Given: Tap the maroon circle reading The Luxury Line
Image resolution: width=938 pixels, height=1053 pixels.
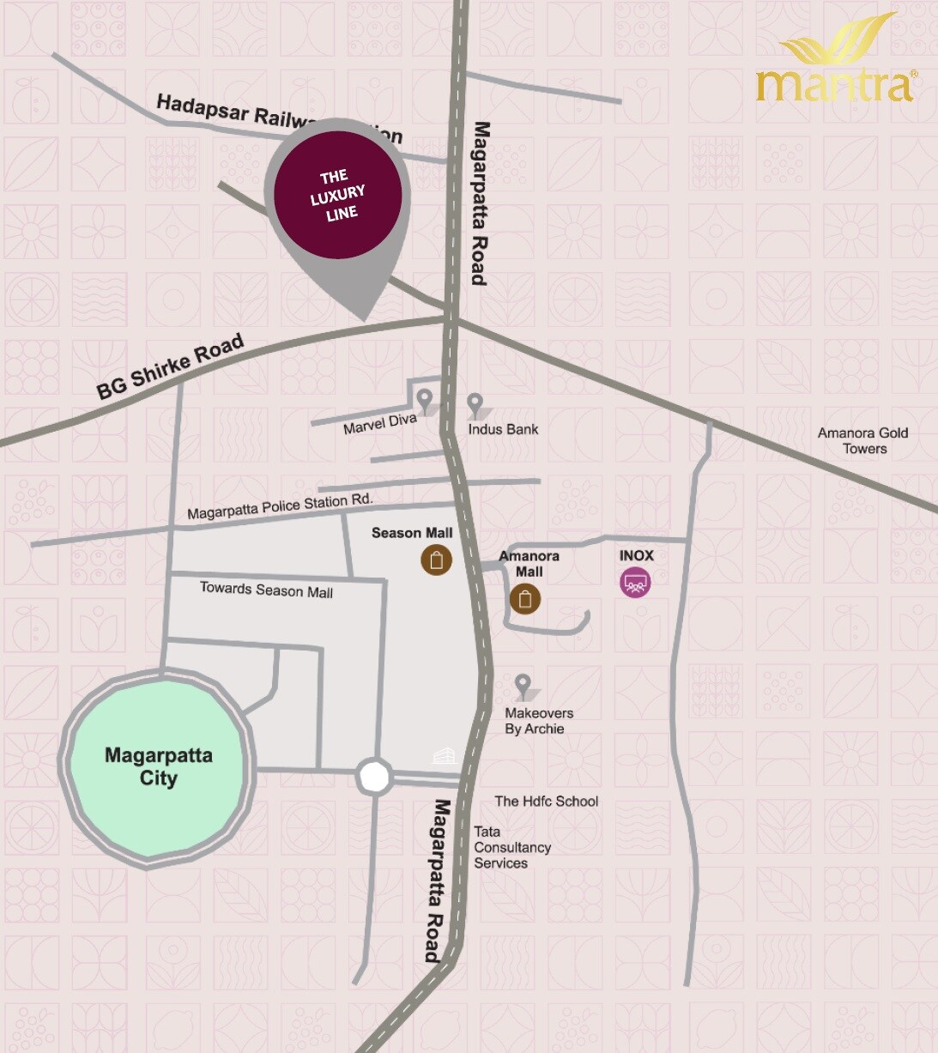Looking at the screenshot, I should click(x=338, y=195).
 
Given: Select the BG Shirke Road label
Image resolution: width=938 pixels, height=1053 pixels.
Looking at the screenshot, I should click(x=170, y=366).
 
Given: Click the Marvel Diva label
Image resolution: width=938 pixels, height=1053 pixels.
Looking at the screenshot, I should click(x=379, y=423).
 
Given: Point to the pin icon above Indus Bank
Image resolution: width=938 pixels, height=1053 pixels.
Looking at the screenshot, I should click(x=475, y=403).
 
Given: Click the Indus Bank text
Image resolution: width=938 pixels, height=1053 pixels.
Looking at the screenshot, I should click(x=503, y=429).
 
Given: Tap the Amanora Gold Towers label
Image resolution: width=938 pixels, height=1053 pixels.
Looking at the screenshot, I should click(x=862, y=440).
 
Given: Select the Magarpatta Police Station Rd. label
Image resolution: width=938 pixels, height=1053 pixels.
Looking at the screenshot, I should click(x=280, y=506).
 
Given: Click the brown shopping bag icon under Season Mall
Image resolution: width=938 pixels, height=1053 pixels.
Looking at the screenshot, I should click(x=436, y=560).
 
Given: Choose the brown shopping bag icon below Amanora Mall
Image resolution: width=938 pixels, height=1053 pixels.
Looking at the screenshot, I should click(x=525, y=598).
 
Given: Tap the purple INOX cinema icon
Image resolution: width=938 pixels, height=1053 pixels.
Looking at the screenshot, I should click(x=635, y=583).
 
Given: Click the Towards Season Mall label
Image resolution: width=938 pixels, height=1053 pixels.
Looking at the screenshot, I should click(x=266, y=590).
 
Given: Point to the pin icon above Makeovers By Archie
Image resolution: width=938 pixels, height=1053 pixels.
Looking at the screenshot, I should click(x=523, y=686).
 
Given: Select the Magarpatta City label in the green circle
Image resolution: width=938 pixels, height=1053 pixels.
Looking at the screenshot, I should click(x=159, y=766).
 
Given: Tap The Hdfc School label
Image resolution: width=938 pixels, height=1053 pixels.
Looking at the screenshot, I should click(x=546, y=801).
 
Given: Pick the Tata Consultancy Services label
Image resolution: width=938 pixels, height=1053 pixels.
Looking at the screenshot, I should click(x=512, y=847).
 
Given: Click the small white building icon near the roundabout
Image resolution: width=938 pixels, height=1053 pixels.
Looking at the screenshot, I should click(x=443, y=756).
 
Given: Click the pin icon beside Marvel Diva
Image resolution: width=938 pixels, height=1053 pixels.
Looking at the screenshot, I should click(x=424, y=399).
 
